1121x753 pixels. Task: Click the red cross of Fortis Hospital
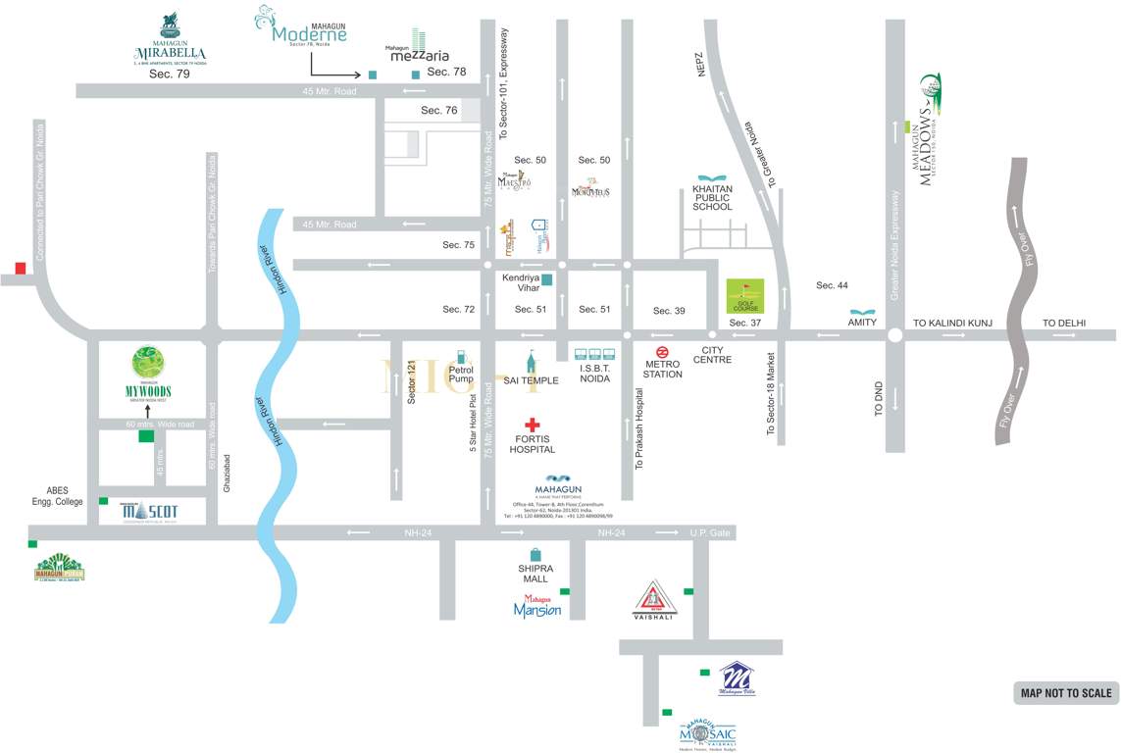pyautogui.click(x=532, y=425)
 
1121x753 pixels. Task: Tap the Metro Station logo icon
pyautogui.click(x=663, y=352)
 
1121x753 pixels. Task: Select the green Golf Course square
pyautogui.click(x=744, y=295)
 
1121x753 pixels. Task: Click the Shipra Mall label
pyautogui.click(x=535, y=574)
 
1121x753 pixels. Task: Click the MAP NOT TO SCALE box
pyautogui.click(x=1066, y=693)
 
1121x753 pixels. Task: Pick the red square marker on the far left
pyautogui.click(x=21, y=269)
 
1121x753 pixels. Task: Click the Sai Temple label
pyautogui.click(x=531, y=380)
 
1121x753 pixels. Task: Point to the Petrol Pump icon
pyautogui.click(x=461, y=352)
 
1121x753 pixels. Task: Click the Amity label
pyautogui.click(x=862, y=322)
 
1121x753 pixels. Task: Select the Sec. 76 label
pyautogui.click(x=439, y=111)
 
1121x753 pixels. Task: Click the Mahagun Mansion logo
pyautogui.click(x=537, y=607)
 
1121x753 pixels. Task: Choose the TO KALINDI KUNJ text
pyautogui.click(x=953, y=323)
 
